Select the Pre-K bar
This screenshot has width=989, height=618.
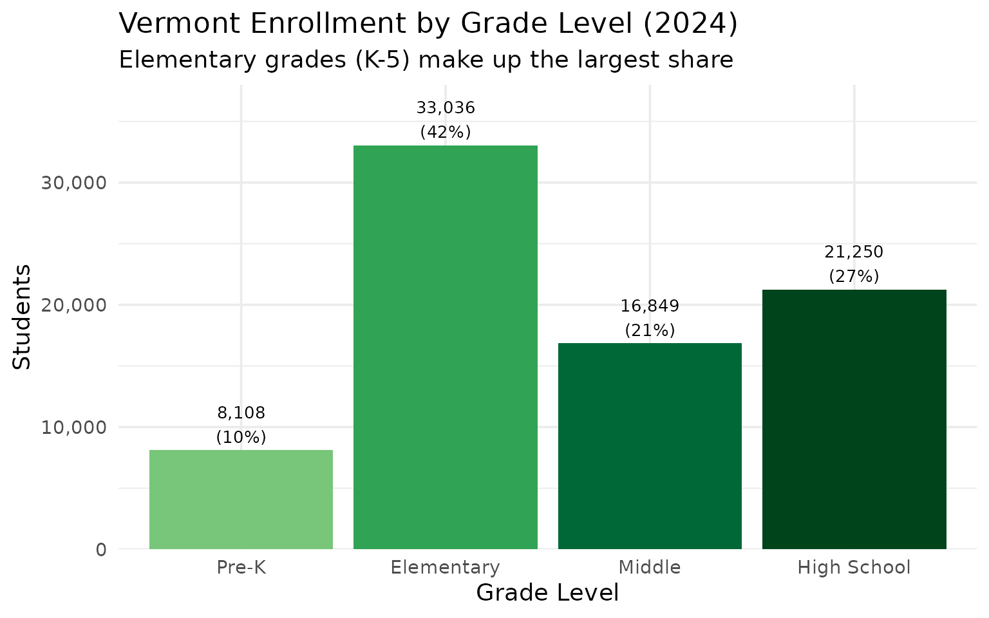click(241, 500)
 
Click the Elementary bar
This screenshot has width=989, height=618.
click(445, 348)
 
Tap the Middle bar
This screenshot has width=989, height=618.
click(650, 446)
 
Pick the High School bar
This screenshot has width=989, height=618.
click(854, 419)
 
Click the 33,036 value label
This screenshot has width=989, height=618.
click(445, 108)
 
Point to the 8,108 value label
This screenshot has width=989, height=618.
click(241, 413)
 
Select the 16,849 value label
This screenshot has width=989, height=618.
click(650, 306)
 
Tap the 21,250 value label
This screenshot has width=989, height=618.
click(854, 252)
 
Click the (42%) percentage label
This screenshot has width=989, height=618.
click(445, 132)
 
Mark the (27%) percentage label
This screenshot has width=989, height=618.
click(854, 276)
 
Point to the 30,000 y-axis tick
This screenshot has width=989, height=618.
click(73, 183)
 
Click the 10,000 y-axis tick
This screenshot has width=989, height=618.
click(73, 427)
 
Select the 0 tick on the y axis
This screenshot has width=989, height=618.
click(101, 550)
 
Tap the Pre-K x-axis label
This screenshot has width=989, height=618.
click(241, 567)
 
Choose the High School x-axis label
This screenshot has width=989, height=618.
click(854, 567)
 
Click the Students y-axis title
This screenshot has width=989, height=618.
click(22, 317)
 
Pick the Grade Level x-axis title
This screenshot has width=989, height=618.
click(547, 593)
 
